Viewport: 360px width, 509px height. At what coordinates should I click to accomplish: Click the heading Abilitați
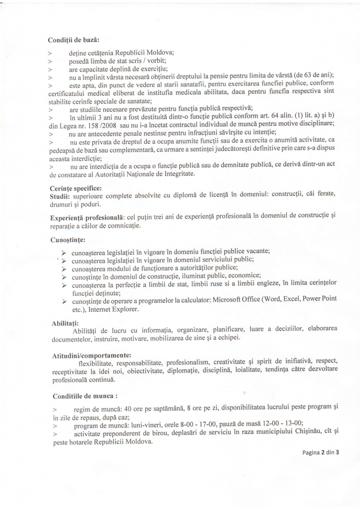pyautogui.click(x=66, y=323)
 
